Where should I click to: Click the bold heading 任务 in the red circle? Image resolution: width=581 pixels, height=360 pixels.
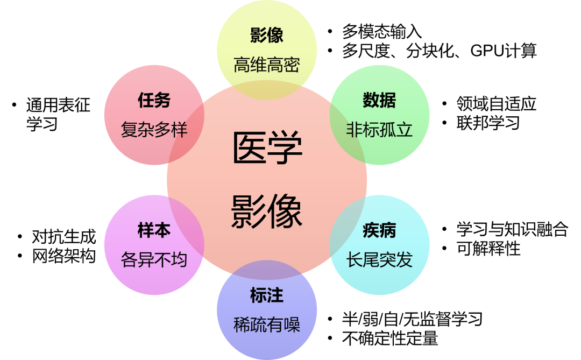[x=154, y=100]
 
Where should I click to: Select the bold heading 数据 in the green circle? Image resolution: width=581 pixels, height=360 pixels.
[x=379, y=100]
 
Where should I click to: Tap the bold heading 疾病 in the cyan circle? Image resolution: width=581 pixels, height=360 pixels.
[x=379, y=230]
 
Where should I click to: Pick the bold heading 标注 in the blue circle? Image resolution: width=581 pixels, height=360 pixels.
[x=266, y=295]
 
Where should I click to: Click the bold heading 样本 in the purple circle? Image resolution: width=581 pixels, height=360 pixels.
[x=154, y=230]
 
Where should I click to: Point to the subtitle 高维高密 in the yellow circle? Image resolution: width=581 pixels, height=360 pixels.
[x=266, y=65]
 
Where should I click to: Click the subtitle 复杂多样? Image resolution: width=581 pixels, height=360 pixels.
[x=154, y=130]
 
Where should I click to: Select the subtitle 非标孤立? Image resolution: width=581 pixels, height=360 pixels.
[x=379, y=130]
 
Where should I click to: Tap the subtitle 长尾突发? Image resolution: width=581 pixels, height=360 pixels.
[x=379, y=260]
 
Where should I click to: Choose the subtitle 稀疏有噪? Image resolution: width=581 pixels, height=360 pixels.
[x=266, y=324]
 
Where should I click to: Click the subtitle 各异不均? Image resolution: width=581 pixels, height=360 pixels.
[x=154, y=260]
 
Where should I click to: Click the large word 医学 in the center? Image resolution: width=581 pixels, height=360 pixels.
[x=267, y=148]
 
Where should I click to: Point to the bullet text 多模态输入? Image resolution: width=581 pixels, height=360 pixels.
[x=382, y=31]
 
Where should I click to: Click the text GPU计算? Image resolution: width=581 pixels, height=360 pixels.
[x=504, y=51]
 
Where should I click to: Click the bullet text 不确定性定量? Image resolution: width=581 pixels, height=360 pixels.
[x=390, y=338]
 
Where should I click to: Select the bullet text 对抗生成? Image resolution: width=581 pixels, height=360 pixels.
[x=63, y=236]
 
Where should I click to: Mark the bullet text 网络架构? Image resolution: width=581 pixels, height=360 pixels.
[x=63, y=256]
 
